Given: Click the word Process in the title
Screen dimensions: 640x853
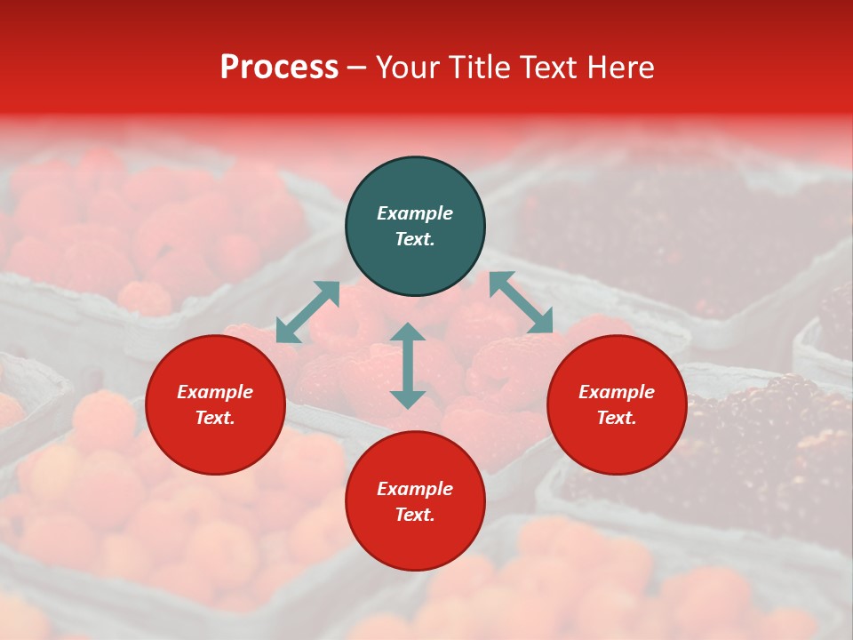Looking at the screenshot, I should [x=279, y=68].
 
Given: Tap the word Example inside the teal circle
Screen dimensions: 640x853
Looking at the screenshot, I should [x=415, y=213].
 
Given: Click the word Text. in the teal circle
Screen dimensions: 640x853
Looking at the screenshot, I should [x=415, y=239].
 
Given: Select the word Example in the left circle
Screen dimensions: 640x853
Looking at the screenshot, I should [x=215, y=392].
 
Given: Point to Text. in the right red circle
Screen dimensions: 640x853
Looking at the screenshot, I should [x=617, y=418].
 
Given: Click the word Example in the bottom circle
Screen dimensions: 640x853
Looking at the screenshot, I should [x=415, y=489].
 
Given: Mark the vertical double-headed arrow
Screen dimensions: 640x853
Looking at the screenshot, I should [x=408, y=365].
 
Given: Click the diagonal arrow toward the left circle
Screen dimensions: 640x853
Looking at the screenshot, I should [x=307, y=312].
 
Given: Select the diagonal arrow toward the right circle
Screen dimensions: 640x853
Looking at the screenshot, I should [x=521, y=302].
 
